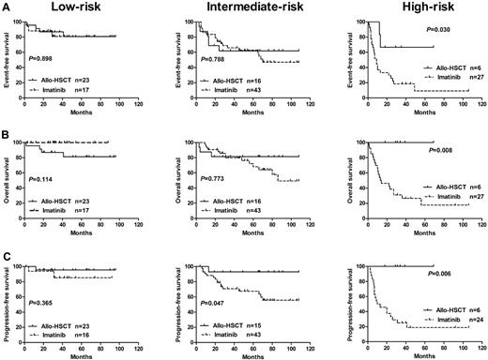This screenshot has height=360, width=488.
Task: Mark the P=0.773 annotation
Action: [208, 192]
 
